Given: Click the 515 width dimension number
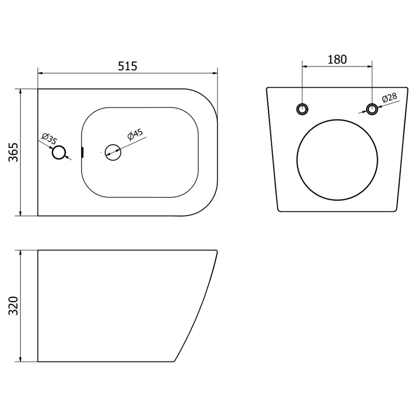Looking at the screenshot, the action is (128, 66).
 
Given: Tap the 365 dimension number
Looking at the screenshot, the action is (13, 152).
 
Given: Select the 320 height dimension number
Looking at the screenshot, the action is (13, 306).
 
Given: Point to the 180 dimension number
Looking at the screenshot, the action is (337, 59).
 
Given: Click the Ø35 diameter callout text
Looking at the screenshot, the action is (50, 138).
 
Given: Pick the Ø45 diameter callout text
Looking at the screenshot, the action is (135, 134).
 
